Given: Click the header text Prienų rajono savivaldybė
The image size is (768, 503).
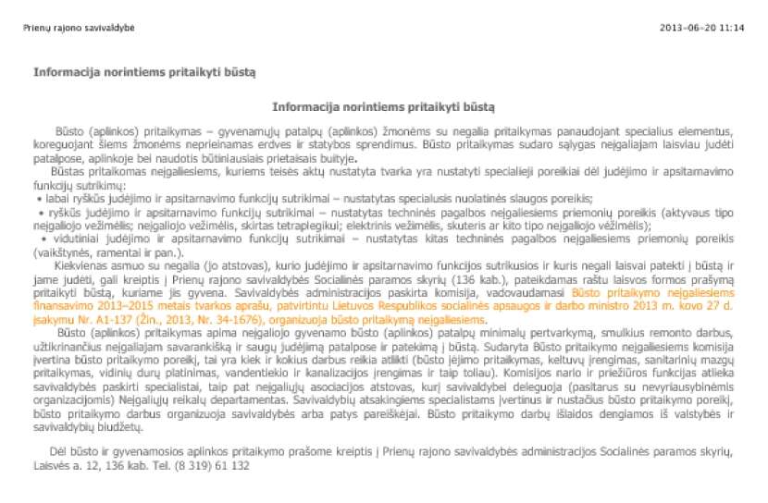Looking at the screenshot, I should click(79, 28).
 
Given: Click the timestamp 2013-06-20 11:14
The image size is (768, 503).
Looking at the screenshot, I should click(702, 28).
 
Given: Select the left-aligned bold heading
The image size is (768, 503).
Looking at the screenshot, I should click(144, 71).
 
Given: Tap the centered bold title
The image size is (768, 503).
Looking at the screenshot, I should click(384, 106).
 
